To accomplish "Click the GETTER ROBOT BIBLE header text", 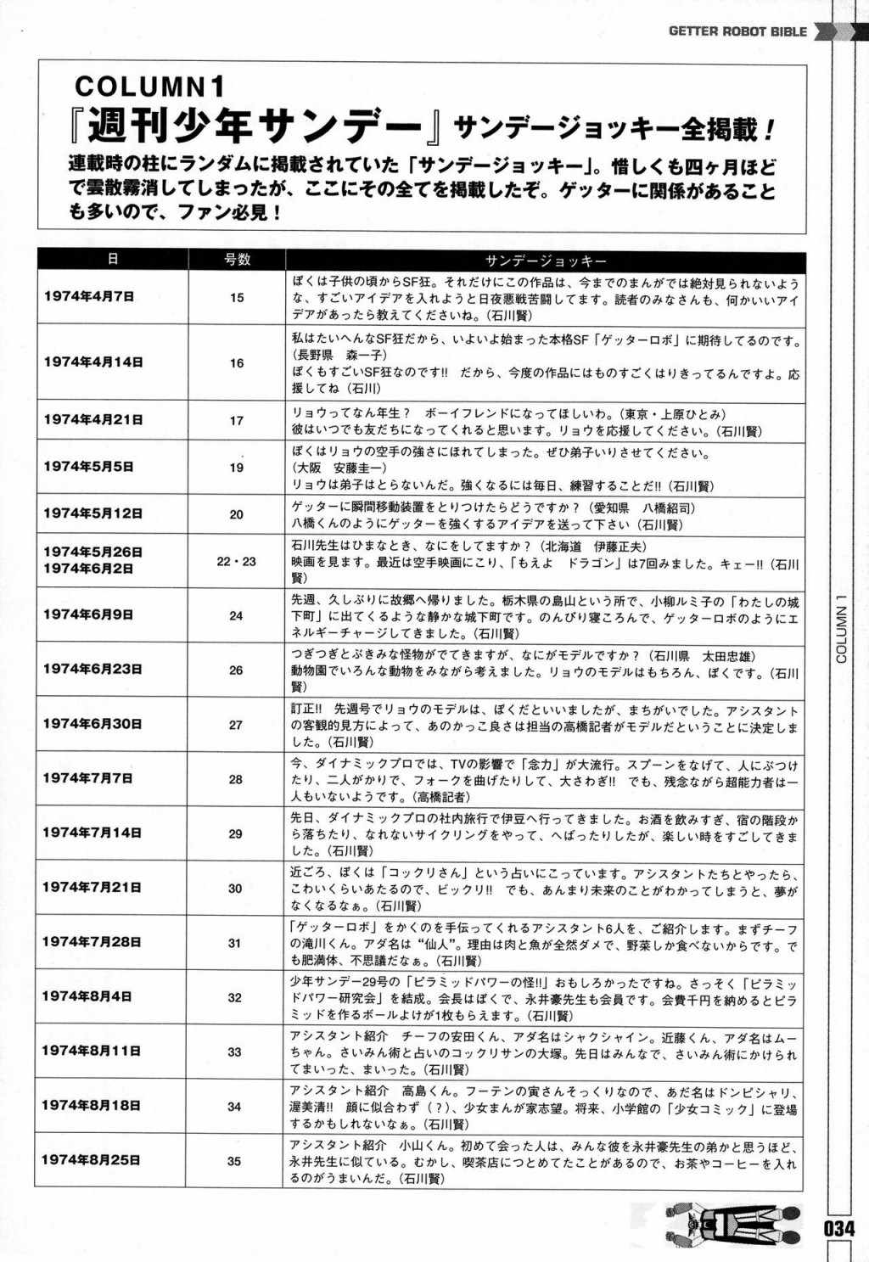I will point(737,31).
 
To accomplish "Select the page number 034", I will point(838,1227).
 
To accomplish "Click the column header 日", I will point(112,259).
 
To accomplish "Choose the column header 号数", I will point(237,260).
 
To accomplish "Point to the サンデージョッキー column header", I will point(546,261).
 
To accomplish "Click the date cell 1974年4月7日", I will point(89,296).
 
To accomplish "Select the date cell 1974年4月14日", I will point(93,362).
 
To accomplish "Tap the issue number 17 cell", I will point(237,420).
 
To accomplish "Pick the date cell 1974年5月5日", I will point(89,466).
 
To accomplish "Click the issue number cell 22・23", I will point(236,562).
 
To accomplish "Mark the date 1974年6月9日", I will point(88,614).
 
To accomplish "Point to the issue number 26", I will point(236,670).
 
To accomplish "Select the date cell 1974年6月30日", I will point(93,724).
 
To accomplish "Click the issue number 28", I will point(236,779).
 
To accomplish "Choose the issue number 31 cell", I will point(235,943).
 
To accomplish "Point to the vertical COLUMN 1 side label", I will point(842,628).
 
